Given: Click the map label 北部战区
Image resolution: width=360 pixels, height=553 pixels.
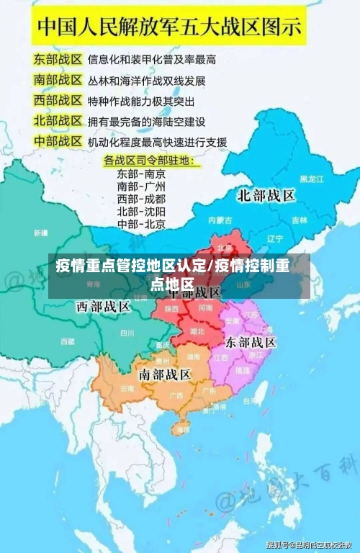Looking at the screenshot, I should pos(266,195).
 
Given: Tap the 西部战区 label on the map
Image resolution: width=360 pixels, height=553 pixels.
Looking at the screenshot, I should pos(104,307).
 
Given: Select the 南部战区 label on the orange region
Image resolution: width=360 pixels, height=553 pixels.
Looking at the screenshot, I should pos(165,374).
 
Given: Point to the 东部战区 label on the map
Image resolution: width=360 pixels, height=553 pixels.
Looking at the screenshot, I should pos(251,341).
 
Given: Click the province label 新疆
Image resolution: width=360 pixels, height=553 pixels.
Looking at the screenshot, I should pos(40,233).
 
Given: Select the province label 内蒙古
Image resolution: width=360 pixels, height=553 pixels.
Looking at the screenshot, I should pos(219,219).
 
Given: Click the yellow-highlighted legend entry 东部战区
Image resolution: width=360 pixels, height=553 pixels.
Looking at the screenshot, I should pos(57,57).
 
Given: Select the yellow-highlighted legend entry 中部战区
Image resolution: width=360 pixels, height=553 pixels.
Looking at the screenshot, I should pos(57,141).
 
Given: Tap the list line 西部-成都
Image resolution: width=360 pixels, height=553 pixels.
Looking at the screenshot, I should pos(141,198).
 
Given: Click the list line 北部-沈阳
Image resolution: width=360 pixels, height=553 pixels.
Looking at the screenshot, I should pos(141,211).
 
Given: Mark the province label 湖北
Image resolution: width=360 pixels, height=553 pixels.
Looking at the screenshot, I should pos(197,331).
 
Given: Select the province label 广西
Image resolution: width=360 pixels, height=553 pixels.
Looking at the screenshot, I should pos(176,395).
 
